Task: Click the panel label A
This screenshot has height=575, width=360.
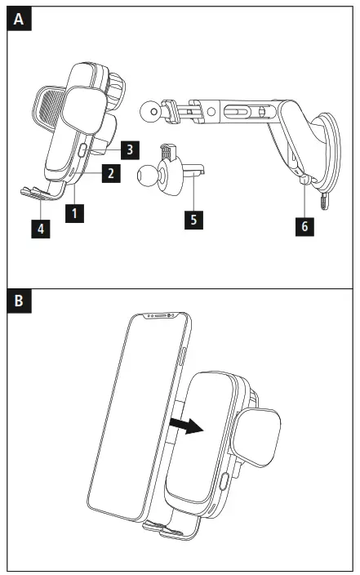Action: [x=19, y=19]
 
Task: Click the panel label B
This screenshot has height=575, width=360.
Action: [x=19, y=301]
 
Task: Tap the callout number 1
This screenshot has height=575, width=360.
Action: [x=75, y=213]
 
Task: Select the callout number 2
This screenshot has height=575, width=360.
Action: [x=111, y=172]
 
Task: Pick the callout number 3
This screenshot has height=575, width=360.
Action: [x=130, y=149]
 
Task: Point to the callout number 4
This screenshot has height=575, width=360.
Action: [x=41, y=229]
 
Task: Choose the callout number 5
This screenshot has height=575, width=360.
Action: [x=193, y=220]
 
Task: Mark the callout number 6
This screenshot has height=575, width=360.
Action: [x=304, y=226]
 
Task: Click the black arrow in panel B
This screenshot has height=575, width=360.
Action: [x=186, y=426]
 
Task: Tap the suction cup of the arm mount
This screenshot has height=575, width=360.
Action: [x=327, y=150]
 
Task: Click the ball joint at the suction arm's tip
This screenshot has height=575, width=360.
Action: [x=151, y=111]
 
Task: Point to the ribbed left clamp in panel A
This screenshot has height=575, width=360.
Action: [x=48, y=109]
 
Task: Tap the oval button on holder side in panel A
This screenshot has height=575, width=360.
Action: [x=82, y=150]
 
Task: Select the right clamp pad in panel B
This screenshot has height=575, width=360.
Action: [x=256, y=437]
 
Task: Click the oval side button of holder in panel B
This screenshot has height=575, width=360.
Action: [x=224, y=481]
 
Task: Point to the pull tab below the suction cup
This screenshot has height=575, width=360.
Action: [x=324, y=201]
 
